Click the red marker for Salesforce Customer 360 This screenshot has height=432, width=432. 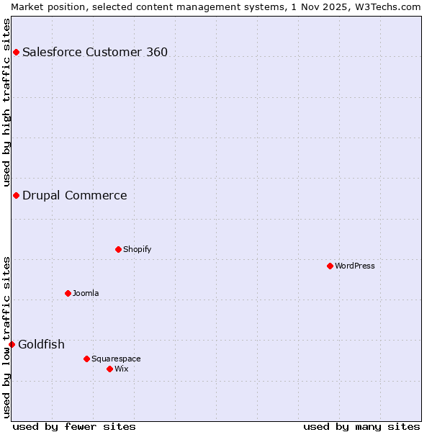(16, 52)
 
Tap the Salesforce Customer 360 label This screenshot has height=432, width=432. (95, 52)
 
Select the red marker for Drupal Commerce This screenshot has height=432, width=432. (16, 195)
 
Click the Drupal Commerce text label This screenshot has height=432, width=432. (75, 195)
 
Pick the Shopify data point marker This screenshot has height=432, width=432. (118, 249)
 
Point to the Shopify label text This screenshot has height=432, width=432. (137, 249)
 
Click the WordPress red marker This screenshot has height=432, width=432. (330, 266)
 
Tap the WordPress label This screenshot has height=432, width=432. (355, 266)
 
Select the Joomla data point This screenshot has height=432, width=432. (68, 293)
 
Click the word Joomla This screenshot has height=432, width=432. (86, 293)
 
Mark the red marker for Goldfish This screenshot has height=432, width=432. (12, 344)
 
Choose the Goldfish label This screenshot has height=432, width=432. (41, 344)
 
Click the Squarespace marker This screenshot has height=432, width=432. (86, 359)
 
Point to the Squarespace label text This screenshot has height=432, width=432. (116, 359)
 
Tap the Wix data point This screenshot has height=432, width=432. (109, 369)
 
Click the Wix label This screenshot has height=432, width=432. (122, 369)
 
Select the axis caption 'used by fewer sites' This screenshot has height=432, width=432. (74, 426)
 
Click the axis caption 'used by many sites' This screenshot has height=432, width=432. (361, 426)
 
